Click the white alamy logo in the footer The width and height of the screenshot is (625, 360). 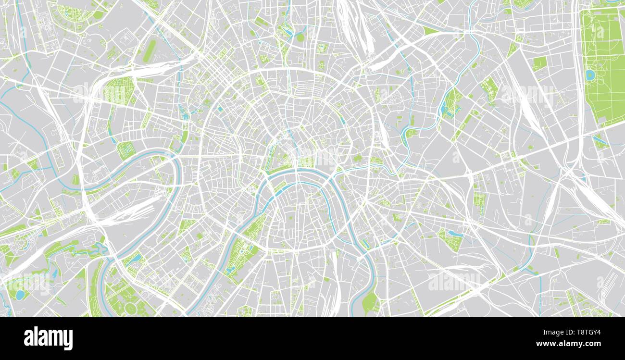48,338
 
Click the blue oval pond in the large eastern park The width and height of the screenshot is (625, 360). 590,75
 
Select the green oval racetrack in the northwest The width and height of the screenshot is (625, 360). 150,50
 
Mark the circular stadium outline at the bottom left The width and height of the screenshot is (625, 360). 130,307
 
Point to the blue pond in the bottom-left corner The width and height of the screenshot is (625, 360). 20,295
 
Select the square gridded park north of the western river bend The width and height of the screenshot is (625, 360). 125,150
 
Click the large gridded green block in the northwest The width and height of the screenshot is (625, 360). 119,91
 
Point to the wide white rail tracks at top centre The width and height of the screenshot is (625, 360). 356,24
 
